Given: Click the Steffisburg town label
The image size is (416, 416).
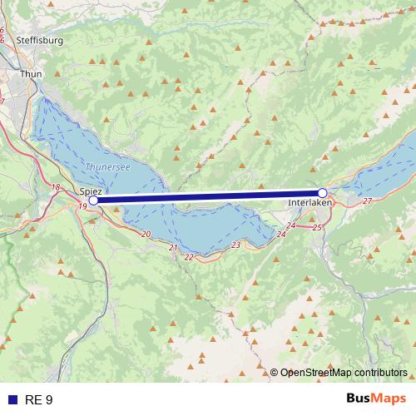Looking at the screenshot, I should tap(39, 39).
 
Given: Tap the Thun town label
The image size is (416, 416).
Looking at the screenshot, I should tap(31, 73).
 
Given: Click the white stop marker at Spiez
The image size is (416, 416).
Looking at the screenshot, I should tap(93, 200).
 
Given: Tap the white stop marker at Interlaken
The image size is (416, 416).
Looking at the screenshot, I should tap(322, 193).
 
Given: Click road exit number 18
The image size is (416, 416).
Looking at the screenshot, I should tap(56, 187).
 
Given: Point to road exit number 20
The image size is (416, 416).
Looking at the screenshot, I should tap(146, 235).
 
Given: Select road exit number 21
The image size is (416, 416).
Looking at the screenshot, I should tap(173, 248).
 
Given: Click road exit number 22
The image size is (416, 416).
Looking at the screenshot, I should tap(190, 257).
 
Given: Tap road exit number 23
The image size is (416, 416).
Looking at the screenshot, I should tap(236, 245).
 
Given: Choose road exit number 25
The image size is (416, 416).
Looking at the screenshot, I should tap(317, 227).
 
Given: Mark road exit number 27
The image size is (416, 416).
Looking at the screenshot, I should tap(367, 202).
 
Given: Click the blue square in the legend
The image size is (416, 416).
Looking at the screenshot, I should tap(11, 400).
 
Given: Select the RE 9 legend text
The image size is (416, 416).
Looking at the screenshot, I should tap(39, 400).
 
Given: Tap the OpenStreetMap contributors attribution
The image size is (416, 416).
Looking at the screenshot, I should tap(344, 373).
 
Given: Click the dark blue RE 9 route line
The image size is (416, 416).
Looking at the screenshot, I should tap(208, 196).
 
